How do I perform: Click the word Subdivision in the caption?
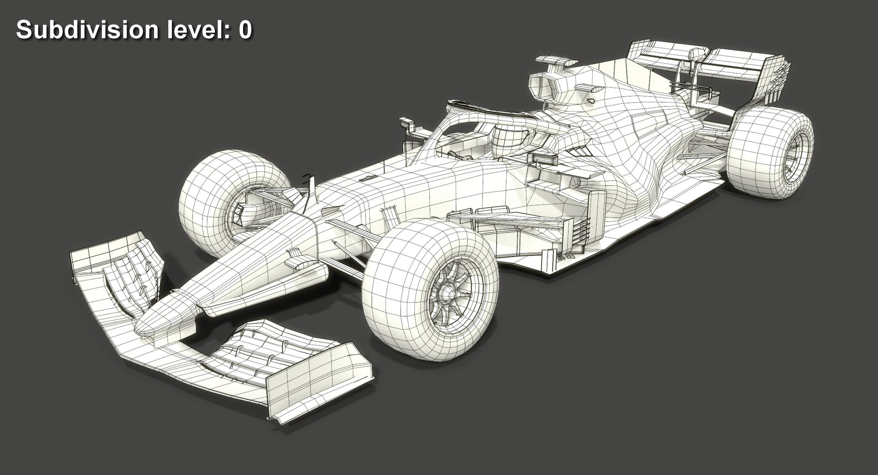[87, 30]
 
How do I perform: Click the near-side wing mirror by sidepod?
[544, 158]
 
